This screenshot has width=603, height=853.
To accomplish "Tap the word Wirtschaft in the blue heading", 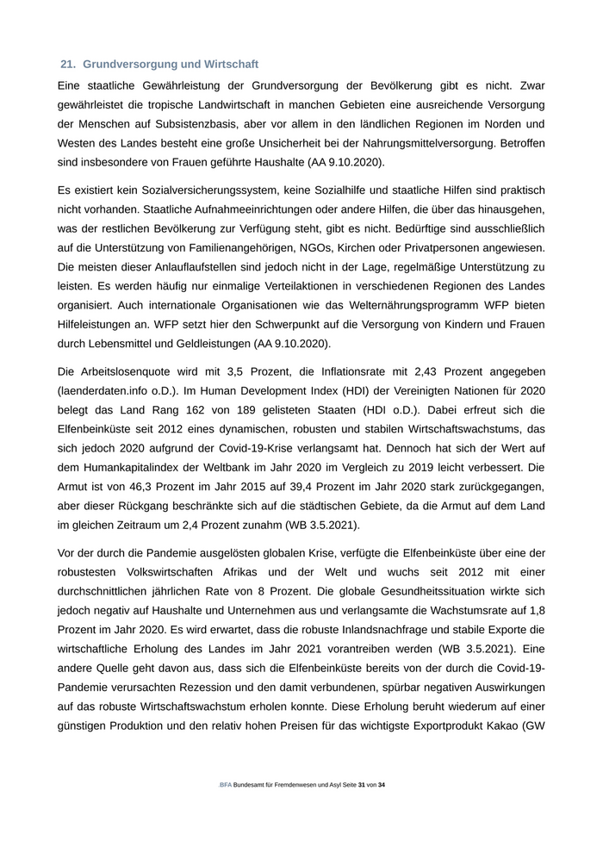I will tap(229, 65).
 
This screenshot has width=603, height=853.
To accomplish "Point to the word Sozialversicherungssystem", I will tap(193, 189).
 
